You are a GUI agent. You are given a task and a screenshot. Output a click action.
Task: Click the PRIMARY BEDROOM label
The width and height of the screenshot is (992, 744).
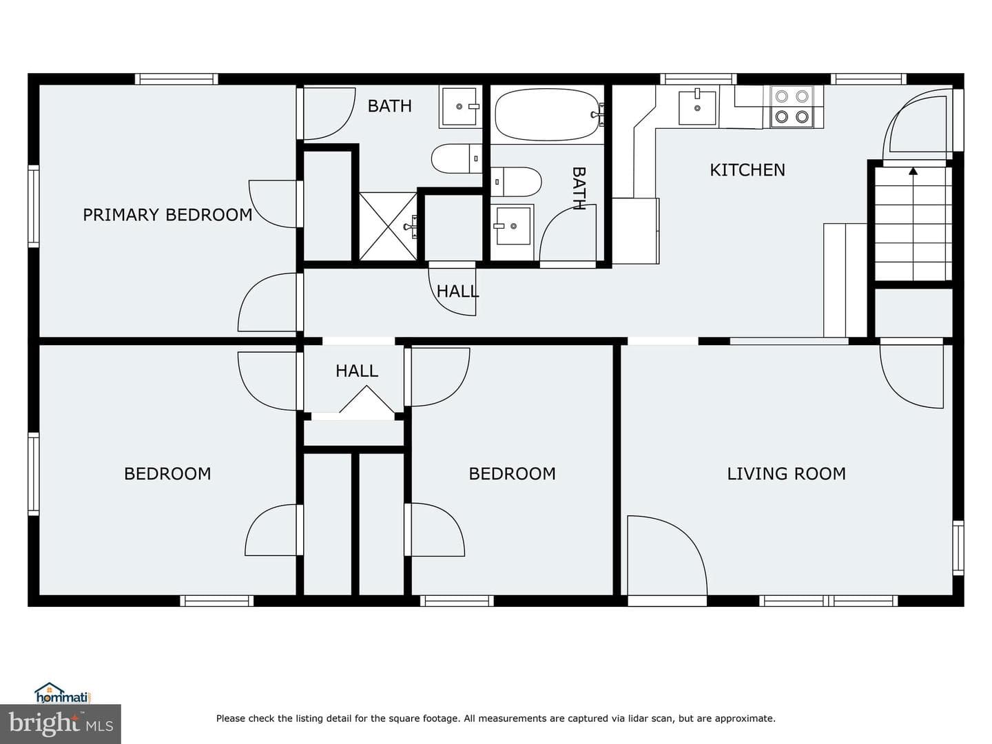(167, 214)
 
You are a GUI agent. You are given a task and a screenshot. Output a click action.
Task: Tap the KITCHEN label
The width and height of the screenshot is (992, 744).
(747, 170)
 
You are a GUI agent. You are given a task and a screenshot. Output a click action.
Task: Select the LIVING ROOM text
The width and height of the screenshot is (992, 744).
(786, 473)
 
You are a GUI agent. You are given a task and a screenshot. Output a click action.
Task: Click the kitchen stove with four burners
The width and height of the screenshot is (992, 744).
(792, 107)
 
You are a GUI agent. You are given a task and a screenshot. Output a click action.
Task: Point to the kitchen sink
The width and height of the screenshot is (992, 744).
(697, 107)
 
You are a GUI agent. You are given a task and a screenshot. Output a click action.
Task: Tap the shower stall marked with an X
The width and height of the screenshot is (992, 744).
(388, 227)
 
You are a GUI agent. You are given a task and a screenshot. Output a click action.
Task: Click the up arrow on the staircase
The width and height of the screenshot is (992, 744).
(913, 171)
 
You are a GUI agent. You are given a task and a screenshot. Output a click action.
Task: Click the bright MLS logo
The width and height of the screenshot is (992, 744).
(60, 724)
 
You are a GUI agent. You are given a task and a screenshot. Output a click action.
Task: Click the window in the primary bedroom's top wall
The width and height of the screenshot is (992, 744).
(176, 79)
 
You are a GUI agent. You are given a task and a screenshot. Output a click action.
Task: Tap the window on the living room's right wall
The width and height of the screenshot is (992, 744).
(958, 548)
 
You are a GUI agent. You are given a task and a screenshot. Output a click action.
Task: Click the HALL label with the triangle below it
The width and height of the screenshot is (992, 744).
(357, 371)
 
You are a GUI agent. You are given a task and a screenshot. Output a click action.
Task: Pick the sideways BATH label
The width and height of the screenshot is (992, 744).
(579, 188)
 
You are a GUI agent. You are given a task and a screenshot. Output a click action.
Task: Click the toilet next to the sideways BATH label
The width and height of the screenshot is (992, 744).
(516, 182)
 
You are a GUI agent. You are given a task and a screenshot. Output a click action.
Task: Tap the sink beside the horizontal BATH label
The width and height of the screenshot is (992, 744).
(460, 107)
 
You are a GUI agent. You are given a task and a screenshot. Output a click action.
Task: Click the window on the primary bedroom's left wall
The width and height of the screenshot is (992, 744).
(34, 206)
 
